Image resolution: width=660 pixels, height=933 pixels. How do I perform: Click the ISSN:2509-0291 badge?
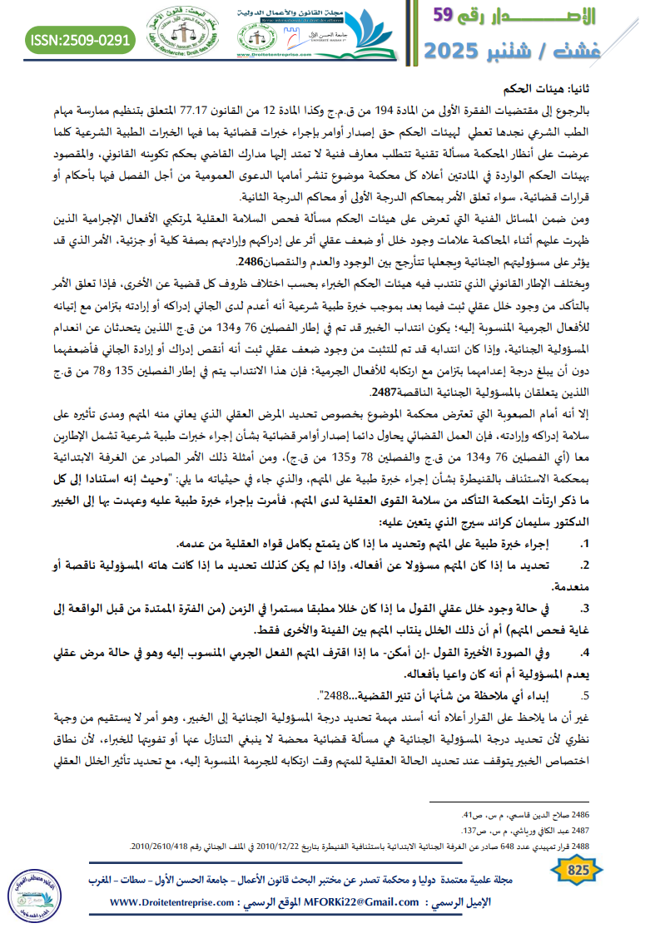(x=80, y=39)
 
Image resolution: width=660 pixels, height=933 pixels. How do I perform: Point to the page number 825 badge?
(x=577, y=870)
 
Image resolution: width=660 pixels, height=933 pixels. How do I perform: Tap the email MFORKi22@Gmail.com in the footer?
(x=360, y=902)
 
